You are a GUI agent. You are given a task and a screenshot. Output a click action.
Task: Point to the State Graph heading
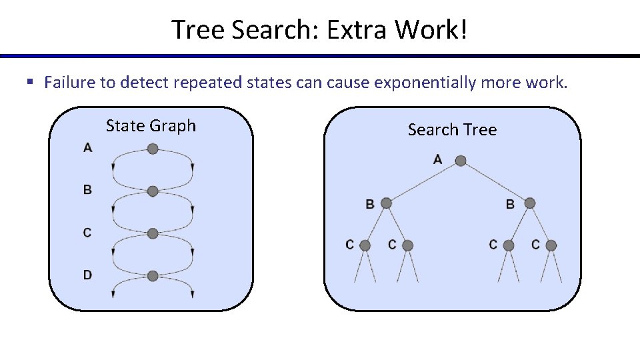151,126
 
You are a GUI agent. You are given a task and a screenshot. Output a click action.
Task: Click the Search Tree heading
452,130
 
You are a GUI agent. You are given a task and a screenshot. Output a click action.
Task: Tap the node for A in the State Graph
153,149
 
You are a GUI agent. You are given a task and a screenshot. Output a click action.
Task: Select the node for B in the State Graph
153,191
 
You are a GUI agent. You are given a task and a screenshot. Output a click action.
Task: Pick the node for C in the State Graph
153,233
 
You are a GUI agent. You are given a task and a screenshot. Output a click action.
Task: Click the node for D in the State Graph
153,275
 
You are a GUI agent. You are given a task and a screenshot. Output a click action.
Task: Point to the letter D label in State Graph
87,275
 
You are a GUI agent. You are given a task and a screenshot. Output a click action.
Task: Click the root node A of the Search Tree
460,161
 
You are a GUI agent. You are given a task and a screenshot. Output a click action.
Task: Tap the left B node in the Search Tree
386,203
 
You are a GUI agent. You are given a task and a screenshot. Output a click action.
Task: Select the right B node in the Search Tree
530,203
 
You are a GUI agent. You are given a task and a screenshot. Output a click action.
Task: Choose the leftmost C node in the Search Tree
365,245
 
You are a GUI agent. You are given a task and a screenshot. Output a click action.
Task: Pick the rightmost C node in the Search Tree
551,245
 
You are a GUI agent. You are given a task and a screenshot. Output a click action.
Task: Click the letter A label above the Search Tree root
437,159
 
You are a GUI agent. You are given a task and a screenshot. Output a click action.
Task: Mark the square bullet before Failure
29,83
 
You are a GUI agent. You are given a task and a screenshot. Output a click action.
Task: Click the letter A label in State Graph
87,147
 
